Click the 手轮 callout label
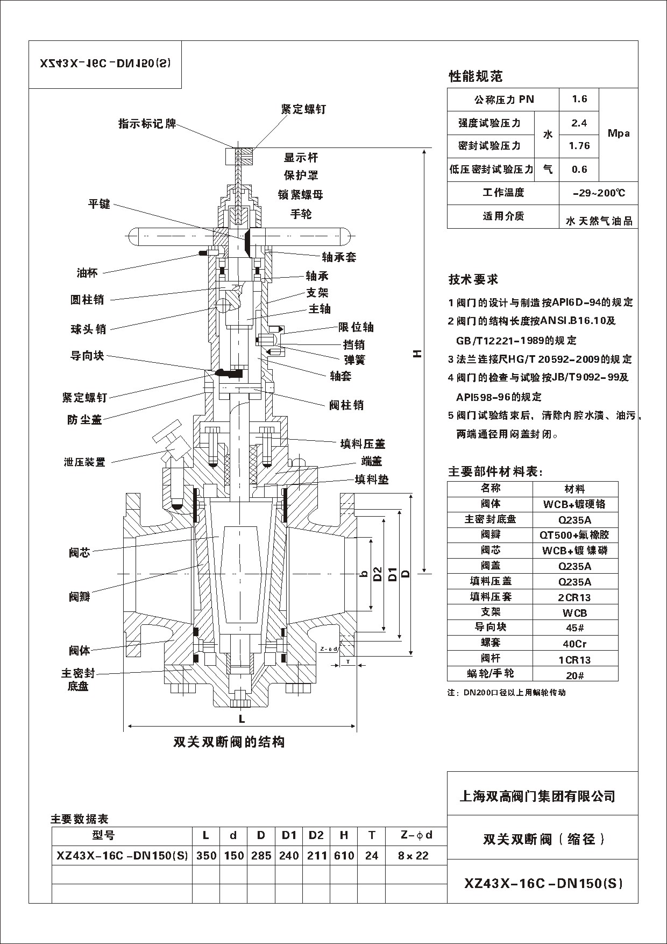tap(301, 214)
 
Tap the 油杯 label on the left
tap(87, 273)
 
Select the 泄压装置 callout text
tap(84, 462)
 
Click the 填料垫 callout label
tap(371, 479)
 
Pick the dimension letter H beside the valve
tap(417, 354)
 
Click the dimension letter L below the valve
tap(242, 718)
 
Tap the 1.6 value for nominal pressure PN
tap(579, 99)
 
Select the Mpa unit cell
tap(618, 133)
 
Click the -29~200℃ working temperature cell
tap(599, 193)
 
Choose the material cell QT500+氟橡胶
tap(574, 535)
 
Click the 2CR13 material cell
tap(574, 597)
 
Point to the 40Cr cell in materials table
tap(574, 644)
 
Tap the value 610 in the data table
tap(344, 855)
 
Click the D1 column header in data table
tap(289, 835)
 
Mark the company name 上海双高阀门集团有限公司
tap(537, 796)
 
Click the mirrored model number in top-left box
tap(105, 63)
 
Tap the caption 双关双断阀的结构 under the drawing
tap(229, 742)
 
